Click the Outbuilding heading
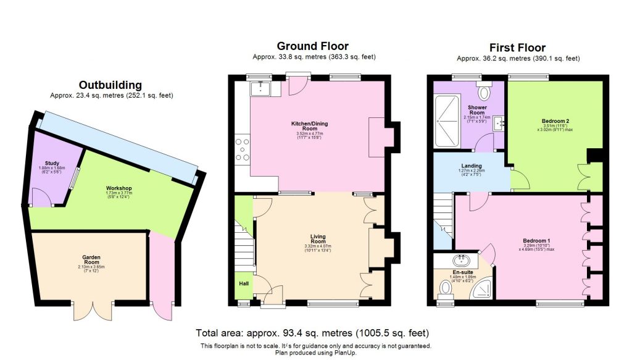(111, 85)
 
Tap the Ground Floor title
(312, 46)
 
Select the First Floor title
(517, 48)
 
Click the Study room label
(52, 164)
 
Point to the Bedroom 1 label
(536, 241)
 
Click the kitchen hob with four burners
(243, 149)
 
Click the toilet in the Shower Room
(485, 92)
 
